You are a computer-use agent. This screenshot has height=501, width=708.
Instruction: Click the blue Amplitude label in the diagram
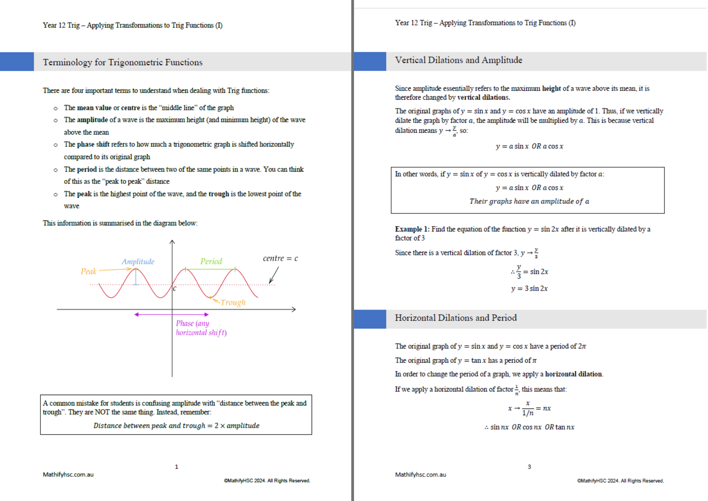(138, 261)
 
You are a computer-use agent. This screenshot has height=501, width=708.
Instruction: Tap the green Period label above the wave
(211, 261)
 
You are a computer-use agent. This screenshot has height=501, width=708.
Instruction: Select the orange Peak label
(88, 271)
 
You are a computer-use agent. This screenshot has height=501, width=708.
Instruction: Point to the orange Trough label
(233, 302)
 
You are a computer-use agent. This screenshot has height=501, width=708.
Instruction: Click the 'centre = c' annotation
(280, 258)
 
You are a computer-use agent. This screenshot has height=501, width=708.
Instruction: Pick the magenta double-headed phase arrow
(171, 314)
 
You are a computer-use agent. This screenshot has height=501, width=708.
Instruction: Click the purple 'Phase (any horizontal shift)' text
(201, 328)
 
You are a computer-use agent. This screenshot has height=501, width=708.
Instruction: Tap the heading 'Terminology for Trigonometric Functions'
(123, 62)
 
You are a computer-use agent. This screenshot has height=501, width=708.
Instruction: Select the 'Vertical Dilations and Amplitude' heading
(458, 60)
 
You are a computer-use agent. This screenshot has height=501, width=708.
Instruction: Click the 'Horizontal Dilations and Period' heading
(456, 318)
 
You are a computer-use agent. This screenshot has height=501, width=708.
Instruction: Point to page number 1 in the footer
(176, 466)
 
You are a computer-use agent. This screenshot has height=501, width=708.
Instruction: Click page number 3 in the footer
(529, 466)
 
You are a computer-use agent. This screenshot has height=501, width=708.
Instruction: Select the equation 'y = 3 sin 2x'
(529, 288)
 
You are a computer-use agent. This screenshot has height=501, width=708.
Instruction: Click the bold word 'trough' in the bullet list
(219, 194)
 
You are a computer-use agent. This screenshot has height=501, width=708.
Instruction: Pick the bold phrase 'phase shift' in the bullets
(93, 144)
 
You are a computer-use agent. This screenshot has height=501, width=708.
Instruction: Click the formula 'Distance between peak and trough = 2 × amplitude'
(176, 426)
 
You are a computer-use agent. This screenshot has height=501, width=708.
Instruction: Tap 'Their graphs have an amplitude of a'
(529, 201)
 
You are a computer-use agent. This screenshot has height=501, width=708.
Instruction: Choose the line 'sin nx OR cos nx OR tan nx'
(529, 427)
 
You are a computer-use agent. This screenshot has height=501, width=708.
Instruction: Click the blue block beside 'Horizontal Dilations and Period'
(370, 319)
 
